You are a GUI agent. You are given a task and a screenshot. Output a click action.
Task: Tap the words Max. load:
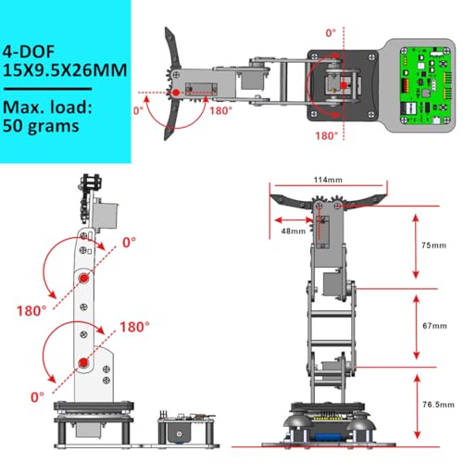(48, 106)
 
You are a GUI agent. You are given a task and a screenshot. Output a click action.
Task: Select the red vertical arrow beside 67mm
(418, 327)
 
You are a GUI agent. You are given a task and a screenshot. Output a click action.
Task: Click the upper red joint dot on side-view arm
(84, 279)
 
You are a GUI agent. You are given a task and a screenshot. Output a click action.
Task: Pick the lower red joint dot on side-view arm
(84, 361)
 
